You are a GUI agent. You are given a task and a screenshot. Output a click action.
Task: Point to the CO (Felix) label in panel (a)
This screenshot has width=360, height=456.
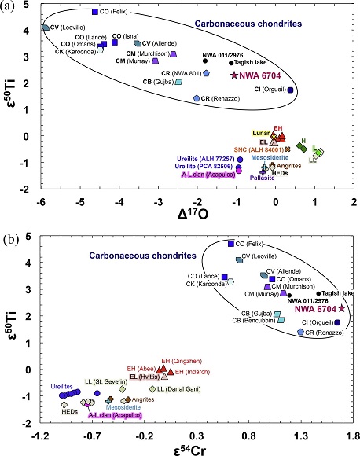click(113, 13)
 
